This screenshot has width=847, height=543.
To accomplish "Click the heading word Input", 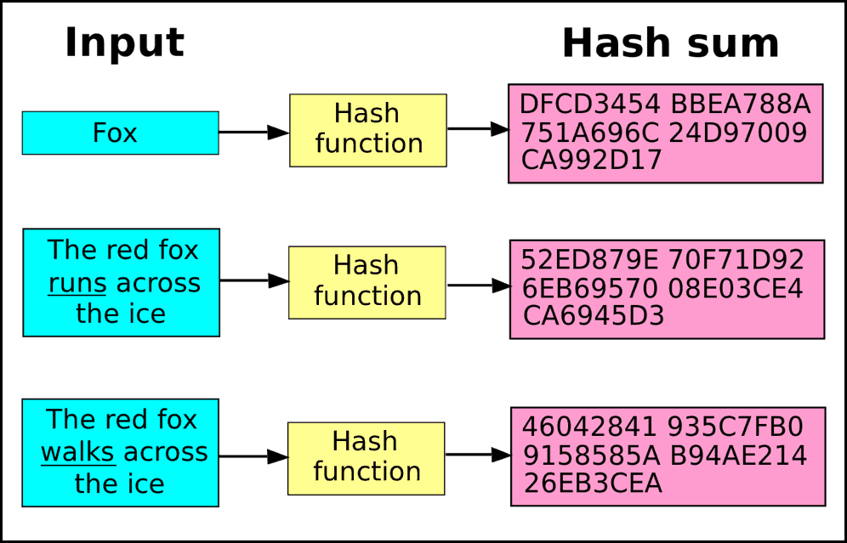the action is [124, 44].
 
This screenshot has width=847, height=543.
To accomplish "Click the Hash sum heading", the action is [670, 43].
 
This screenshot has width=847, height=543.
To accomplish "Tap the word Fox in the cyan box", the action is [115, 133].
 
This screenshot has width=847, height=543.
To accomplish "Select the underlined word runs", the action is [77, 283].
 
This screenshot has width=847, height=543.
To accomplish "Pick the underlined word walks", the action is [77, 452].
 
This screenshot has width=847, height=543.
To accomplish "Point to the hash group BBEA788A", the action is [741, 104].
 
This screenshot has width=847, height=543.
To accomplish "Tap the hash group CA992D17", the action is [591, 160].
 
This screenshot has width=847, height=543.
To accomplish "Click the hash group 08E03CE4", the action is [736, 288].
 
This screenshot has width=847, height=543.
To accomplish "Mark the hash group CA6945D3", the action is [593, 316].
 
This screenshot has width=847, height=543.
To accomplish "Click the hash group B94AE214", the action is [738, 455].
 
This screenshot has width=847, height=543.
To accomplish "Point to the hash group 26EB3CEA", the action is [593, 483].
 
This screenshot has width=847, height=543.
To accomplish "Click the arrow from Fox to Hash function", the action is [254, 133].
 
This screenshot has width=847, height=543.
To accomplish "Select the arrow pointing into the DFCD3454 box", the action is [478, 129].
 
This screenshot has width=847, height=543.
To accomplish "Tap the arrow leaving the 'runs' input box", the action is [254, 280].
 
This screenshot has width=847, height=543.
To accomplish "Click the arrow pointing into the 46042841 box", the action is [478, 455].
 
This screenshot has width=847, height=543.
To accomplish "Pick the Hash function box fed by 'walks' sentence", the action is [367, 459].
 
